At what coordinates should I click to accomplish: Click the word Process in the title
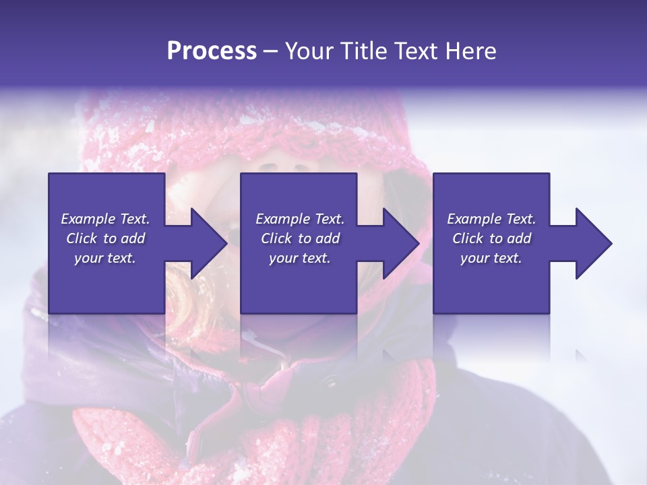click(x=212, y=51)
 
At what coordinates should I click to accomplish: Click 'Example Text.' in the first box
click(x=105, y=219)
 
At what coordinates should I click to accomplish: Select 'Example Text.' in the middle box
click(x=300, y=219)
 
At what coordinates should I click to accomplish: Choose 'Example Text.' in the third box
click(x=491, y=219)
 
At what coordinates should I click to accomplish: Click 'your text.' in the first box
click(x=105, y=258)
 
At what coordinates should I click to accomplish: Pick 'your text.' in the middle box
click(x=300, y=258)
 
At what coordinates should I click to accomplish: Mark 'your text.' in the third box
click(x=491, y=258)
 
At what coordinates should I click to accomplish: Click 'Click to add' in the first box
click(x=105, y=238)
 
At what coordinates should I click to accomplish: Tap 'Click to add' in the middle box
click(x=300, y=238)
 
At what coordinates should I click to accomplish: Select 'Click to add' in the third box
click(x=491, y=238)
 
